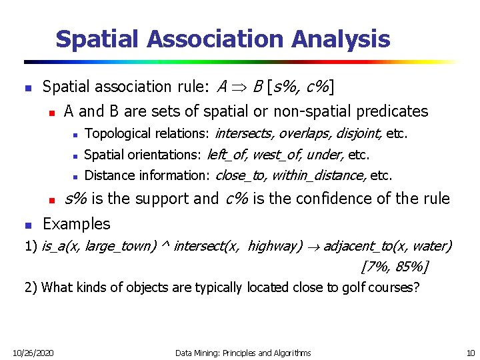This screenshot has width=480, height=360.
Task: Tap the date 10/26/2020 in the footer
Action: click(34, 352)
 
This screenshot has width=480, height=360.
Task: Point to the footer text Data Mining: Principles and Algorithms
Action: click(243, 352)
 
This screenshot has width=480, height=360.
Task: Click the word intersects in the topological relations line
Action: click(243, 134)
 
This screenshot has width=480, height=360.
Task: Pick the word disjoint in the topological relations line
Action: click(359, 134)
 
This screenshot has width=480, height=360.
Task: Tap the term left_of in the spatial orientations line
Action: click(227, 155)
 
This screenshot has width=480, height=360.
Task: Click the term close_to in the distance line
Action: click(239, 176)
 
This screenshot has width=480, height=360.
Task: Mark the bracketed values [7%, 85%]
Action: click(394, 267)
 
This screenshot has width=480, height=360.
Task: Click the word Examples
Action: click(76, 223)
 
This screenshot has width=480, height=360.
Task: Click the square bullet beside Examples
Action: click(25, 224)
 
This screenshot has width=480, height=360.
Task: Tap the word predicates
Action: click(392, 111)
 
